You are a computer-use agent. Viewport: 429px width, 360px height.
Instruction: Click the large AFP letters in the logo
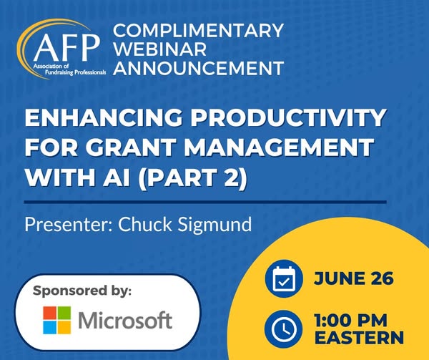(x=66, y=48)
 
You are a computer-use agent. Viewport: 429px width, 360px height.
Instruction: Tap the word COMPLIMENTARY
(x=198, y=30)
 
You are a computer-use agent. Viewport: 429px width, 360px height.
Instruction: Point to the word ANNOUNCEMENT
(x=198, y=68)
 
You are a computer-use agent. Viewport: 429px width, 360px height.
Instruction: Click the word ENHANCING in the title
(x=104, y=118)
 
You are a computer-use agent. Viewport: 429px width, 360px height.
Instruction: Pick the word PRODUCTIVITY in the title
(x=288, y=118)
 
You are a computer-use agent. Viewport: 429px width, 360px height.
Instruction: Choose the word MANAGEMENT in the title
(x=279, y=147)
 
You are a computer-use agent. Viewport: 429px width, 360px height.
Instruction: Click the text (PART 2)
(x=192, y=177)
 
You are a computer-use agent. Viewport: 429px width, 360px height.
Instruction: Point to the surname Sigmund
(x=214, y=225)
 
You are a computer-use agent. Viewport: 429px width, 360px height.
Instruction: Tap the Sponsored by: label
(x=82, y=291)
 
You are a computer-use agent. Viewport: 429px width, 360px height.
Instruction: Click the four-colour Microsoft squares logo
(x=57, y=320)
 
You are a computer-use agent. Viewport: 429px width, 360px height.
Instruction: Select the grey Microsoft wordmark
(x=125, y=320)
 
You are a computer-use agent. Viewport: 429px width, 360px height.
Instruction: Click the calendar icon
(x=284, y=278)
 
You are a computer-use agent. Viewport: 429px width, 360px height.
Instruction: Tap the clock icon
(x=284, y=329)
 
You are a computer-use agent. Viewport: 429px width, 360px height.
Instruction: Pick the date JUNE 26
(x=353, y=278)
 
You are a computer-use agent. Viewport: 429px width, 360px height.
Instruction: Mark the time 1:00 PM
(x=350, y=321)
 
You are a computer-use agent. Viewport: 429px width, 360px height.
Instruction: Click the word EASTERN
(x=359, y=337)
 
